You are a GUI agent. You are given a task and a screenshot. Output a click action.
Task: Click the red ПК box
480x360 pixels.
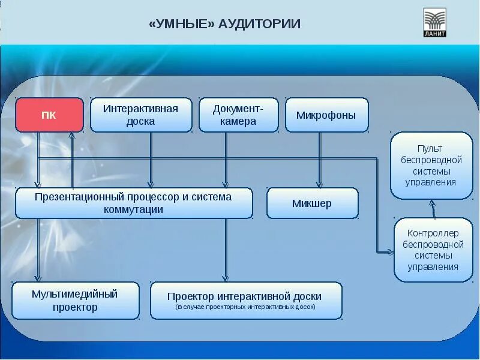pos(49,115)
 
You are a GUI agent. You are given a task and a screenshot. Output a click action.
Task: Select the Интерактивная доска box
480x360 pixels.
pos(141,115)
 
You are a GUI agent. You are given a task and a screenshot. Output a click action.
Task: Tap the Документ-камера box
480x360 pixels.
pos(238,115)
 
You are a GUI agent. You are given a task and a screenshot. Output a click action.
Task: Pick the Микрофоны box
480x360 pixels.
pos(326,115)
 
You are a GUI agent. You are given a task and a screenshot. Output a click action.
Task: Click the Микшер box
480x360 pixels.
pos(312,203)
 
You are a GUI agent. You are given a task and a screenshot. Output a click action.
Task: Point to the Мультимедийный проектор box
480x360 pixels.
pos(75,301)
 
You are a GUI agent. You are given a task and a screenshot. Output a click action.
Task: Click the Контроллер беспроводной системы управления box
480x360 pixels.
pos(433,250)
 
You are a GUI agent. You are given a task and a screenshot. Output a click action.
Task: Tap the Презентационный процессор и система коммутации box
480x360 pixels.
pos(133,203)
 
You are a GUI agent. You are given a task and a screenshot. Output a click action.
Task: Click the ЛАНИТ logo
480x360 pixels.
pos(435,23)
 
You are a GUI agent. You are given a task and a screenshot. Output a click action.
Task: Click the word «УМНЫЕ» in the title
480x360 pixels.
pos(181,25)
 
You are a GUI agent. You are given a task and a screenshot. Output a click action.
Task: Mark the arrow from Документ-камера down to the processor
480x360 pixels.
pos(226,159)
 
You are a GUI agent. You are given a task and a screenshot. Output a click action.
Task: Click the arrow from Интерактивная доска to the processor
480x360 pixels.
pos(151,159)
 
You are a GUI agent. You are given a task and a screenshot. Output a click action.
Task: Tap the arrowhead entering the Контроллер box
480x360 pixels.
pos(389,251)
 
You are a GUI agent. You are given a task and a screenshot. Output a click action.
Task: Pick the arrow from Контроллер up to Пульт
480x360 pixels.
pos(432,208)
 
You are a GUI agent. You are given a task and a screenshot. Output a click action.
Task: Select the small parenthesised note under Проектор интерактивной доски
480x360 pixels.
pos(245,308)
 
